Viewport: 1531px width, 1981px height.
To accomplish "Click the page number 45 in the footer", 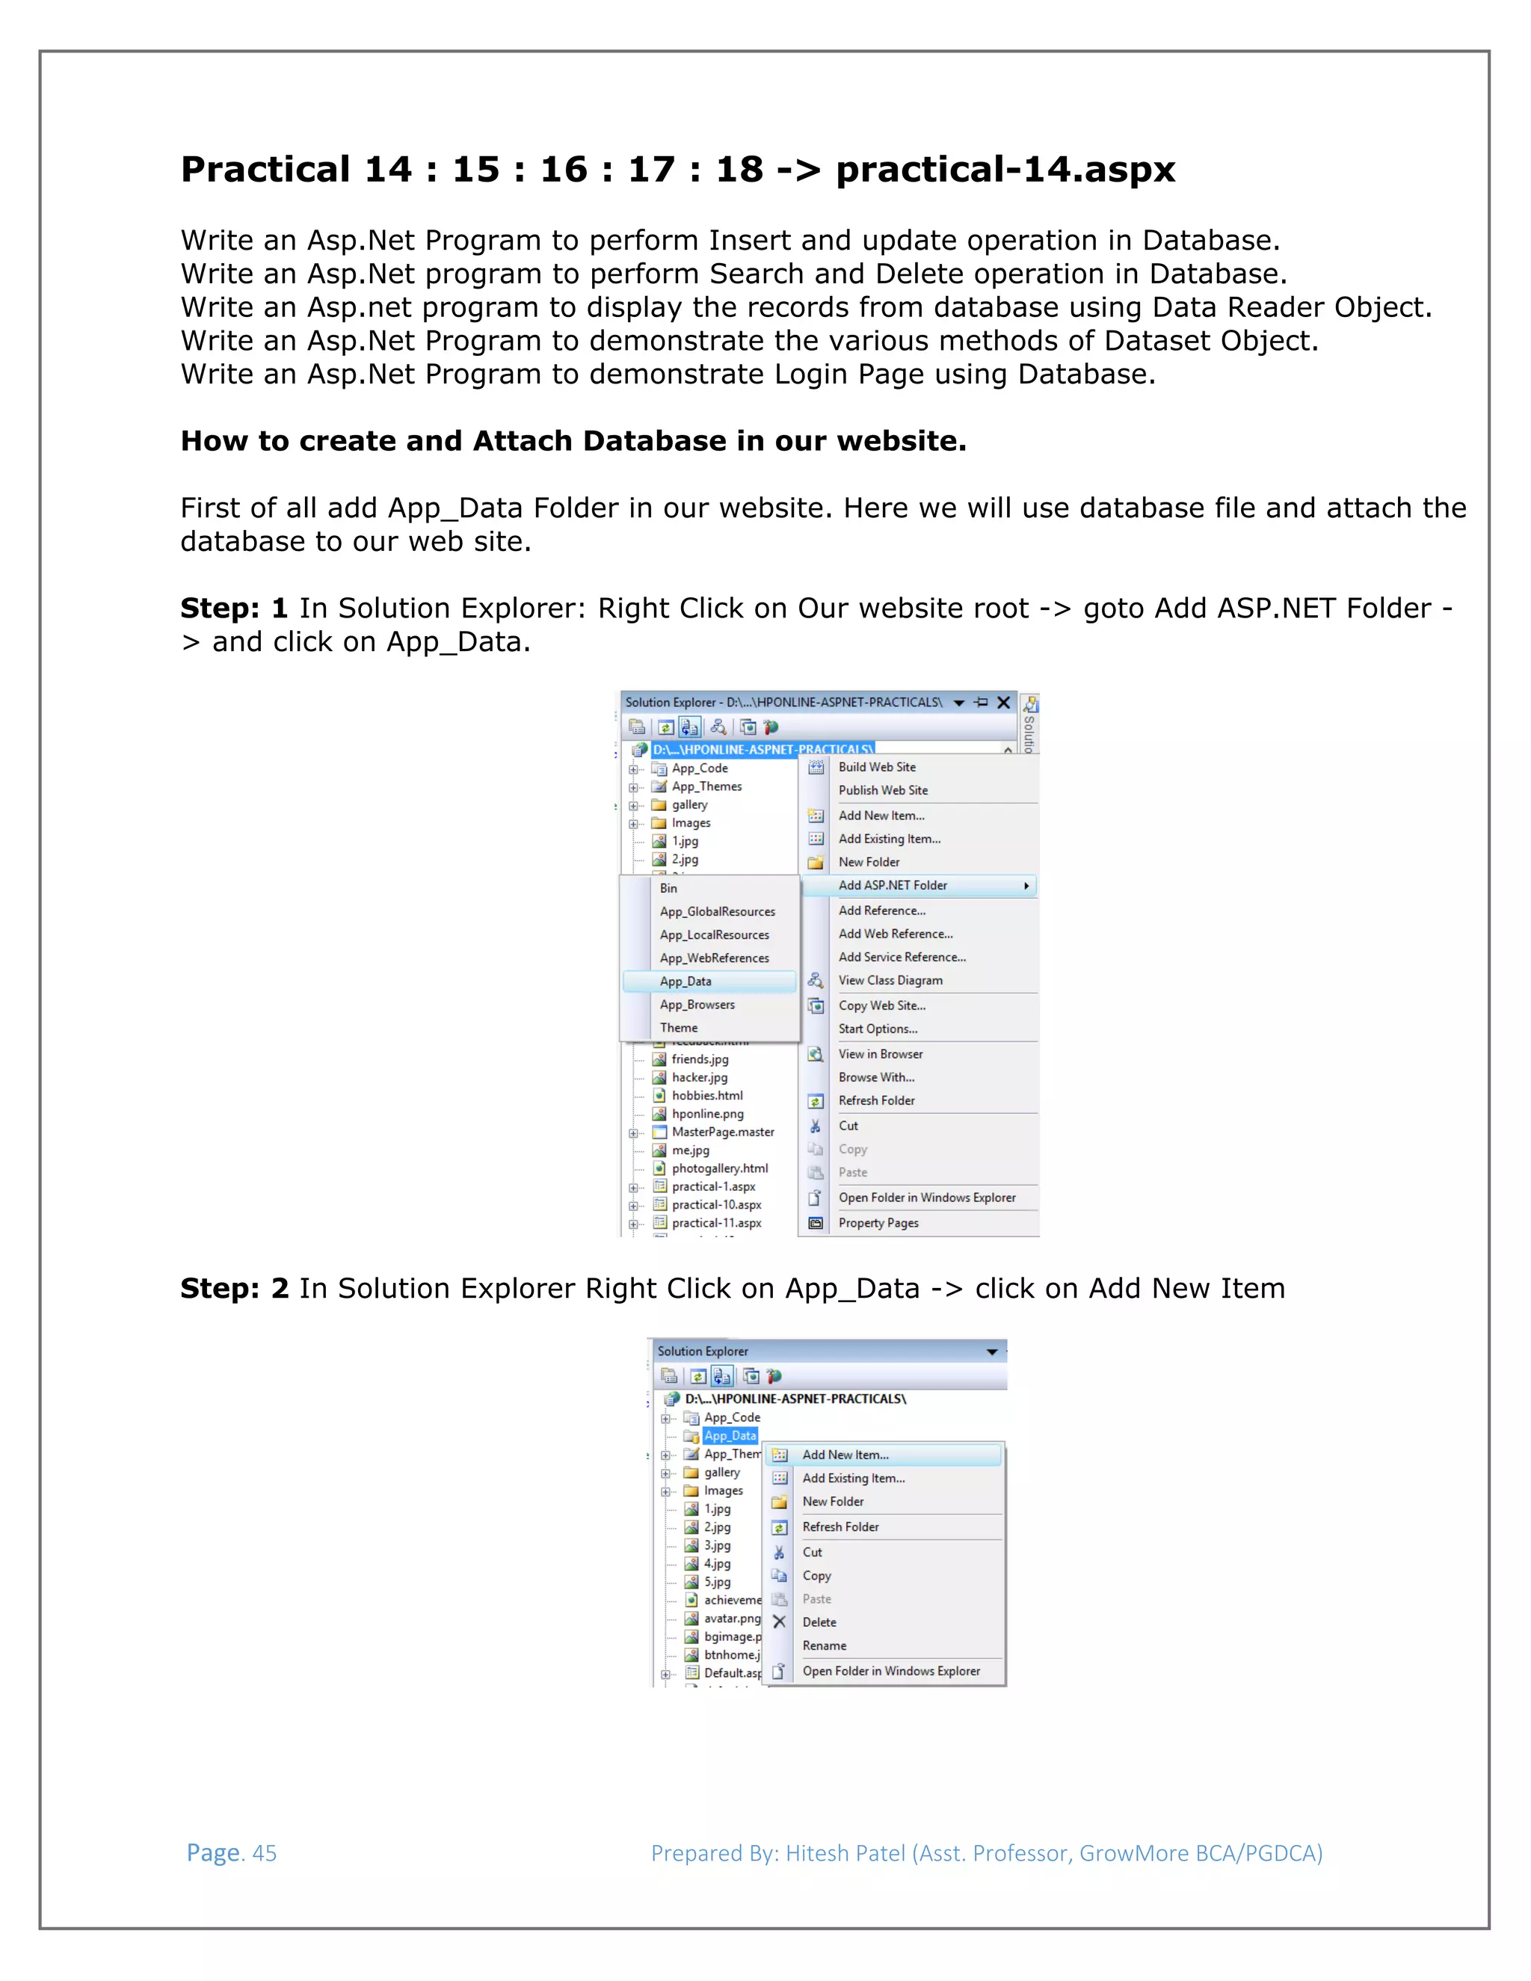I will click(264, 1853).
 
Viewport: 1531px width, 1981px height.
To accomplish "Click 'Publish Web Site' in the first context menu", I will click(883, 790).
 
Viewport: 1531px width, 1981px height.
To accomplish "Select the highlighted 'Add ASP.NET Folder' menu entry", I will click(893, 885).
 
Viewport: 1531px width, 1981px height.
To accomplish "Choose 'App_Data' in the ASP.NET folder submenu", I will click(686, 982).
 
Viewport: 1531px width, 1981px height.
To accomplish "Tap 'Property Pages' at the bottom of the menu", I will click(878, 1223).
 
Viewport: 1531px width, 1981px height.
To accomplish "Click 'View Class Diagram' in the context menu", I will click(890, 981).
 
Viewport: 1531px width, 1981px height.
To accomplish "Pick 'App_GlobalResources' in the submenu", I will click(718, 911).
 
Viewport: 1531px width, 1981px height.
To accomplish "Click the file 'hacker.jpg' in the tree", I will click(699, 1077).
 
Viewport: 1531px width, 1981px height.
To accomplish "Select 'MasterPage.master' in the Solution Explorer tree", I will click(723, 1132).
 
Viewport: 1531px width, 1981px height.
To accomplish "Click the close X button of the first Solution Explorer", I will click(1003, 702).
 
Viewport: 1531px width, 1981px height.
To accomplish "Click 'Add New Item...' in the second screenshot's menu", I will click(845, 1455).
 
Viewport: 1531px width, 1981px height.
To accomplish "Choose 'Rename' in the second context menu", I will click(824, 1645).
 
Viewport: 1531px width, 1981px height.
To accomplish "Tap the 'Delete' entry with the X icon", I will click(819, 1622).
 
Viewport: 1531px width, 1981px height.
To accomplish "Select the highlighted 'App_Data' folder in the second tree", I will click(730, 1436).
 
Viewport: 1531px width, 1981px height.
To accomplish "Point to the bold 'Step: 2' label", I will click(234, 1288).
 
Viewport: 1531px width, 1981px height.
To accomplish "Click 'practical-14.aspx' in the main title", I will click(1005, 170).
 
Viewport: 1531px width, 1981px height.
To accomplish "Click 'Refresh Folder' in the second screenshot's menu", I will click(840, 1526).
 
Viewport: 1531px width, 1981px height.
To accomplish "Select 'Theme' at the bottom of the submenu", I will click(679, 1028).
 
